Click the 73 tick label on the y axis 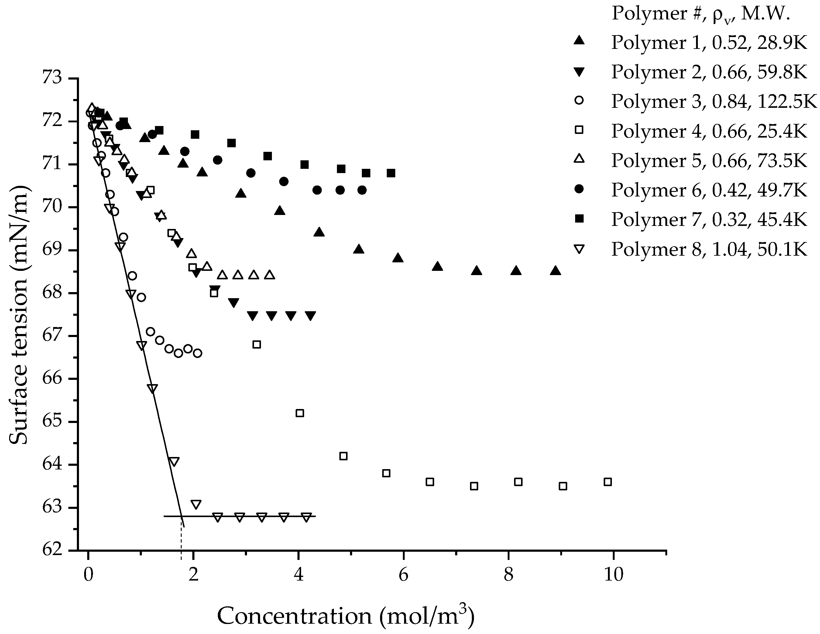(x=53, y=79)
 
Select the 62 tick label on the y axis (x=53, y=550)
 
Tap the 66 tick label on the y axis (x=53, y=379)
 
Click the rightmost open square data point (x=608, y=482)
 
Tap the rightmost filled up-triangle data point (x=556, y=271)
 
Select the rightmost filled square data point (x=391, y=173)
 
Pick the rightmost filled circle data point (x=362, y=190)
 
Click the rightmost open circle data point (x=197, y=353)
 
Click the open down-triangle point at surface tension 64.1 (x=173, y=462)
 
